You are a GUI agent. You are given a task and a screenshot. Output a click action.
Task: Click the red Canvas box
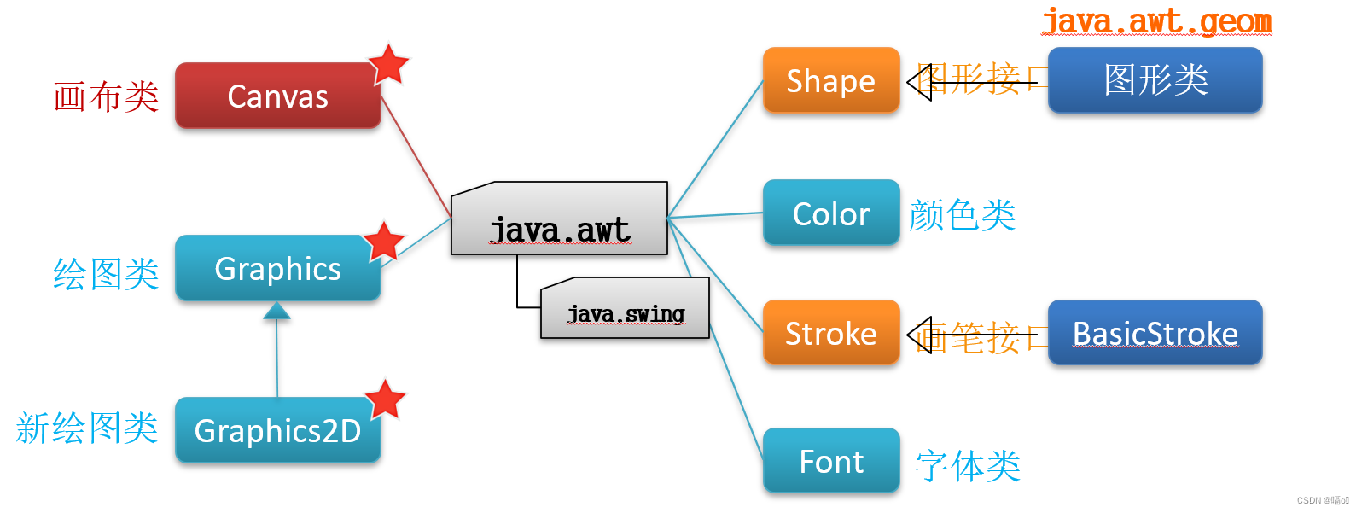tap(277, 96)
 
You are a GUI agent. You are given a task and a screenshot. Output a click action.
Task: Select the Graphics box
tap(277, 269)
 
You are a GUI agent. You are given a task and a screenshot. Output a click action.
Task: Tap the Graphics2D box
tap(277, 431)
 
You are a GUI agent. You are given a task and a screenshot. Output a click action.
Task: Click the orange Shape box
tap(830, 81)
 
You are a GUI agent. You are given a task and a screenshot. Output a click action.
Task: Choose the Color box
tap(830, 213)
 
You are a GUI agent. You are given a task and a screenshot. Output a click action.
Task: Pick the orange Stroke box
tap(830, 333)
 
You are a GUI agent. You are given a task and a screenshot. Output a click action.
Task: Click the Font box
tap(830, 462)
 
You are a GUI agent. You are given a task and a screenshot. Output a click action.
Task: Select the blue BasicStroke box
tap(1155, 333)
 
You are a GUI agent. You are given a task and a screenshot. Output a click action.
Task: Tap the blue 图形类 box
tap(1155, 80)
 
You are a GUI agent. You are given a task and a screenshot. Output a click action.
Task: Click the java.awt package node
tap(560, 224)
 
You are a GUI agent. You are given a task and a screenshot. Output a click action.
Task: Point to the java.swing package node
tap(626, 312)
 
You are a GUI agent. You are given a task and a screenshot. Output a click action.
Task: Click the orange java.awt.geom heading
tap(1156, 20)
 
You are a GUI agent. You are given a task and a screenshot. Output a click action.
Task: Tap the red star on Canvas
tap(389, 64)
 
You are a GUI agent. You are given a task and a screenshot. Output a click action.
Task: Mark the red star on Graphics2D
tap(385, 399)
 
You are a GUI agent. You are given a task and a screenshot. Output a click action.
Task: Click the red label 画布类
tap(106, 96)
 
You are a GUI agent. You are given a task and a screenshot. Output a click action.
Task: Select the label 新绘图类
tap(87, 428)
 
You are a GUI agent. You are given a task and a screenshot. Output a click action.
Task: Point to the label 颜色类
tap(962, 215)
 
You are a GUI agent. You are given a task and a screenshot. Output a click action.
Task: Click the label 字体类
tap(968, 466)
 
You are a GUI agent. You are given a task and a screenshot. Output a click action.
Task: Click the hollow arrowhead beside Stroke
tap(919, 335)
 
